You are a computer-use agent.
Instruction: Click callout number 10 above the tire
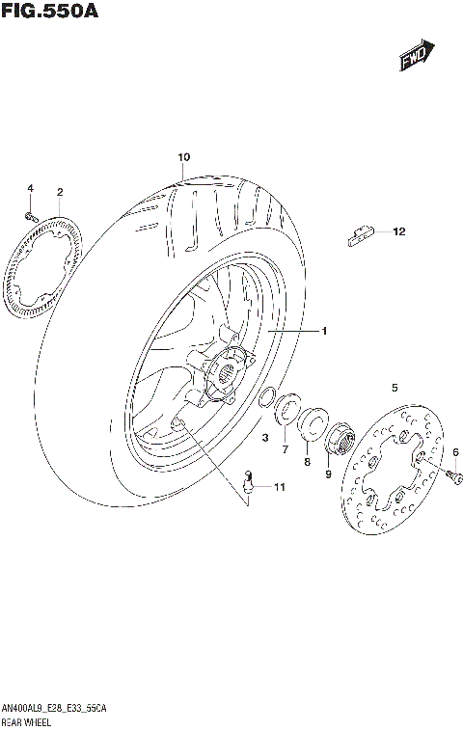183,156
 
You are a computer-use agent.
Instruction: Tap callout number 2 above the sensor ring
60,192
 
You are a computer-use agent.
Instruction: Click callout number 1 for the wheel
325,332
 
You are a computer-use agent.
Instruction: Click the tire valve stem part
248,481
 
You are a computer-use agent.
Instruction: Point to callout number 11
280,489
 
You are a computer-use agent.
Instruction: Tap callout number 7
285,449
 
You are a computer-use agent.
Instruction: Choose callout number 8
307,462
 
